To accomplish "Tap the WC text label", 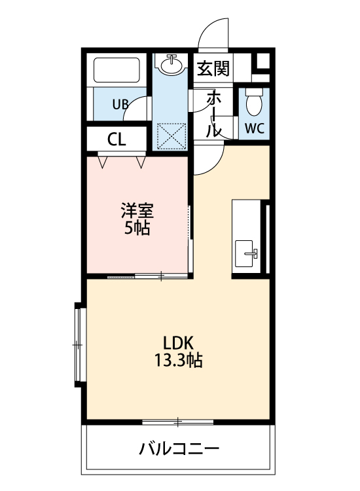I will tap(255, 128).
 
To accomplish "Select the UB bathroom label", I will tap(119, 104).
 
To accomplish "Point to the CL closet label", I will tap(117, 139).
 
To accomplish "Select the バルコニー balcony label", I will tap(178, 450).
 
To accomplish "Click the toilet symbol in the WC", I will tap(253, 101).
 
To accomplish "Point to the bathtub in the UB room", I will tap(118, 71).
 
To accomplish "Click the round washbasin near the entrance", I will tap(173, 65).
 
